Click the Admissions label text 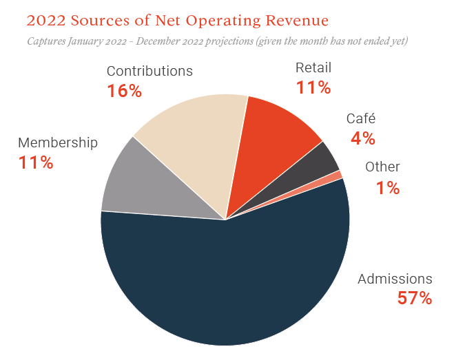pos(395,279)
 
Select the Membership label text pos(58,143)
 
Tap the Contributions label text pos(149,71)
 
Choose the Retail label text pos(313,67)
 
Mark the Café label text pos(361,118)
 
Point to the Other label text pos(382,167)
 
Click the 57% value pos(414,298)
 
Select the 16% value pos(124,91)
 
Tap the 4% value pos(363,138)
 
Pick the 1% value pos(388,187)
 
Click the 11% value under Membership pos(36,163)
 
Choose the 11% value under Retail pos(313,87)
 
